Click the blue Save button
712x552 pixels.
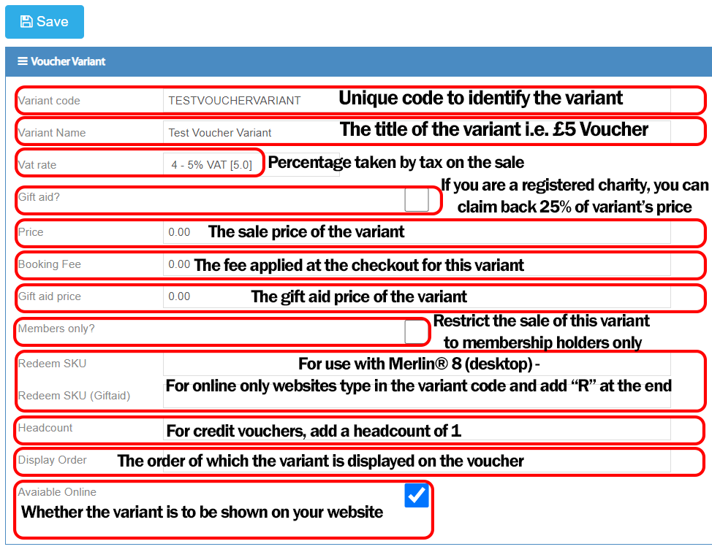tap(45, 22)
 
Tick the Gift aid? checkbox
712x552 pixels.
tap(417, 199)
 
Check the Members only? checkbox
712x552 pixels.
tap(414, 331)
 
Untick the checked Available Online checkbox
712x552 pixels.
tap(417, 495)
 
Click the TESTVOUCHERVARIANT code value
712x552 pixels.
tap(235, 101)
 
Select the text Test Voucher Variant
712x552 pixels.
tap(220, 133)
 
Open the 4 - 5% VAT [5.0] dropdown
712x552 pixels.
tap(211, 164)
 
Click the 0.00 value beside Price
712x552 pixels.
tap(179, 232)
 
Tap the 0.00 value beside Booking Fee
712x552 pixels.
tap(179, 264)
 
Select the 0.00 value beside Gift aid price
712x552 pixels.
tap(179, 296)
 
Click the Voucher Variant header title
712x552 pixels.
tap(68, 61)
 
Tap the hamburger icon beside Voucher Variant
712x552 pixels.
tap(22, 61)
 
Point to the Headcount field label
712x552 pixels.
tap(45, 428)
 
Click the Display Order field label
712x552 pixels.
tap(52, 460)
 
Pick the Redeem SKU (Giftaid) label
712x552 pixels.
tap(74, 396)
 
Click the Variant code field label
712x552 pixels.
tap(49, 101)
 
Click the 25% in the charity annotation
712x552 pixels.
tap(555, 207)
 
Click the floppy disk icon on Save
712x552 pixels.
tap(26, 21)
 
